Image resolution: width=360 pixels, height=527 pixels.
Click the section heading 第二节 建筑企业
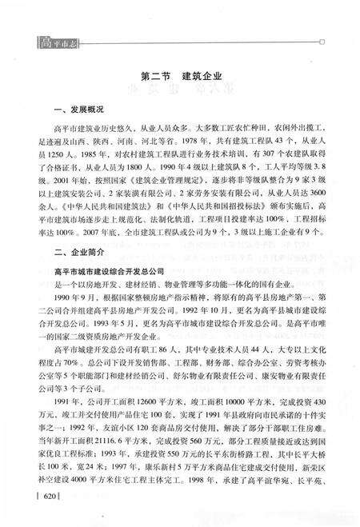178,76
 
